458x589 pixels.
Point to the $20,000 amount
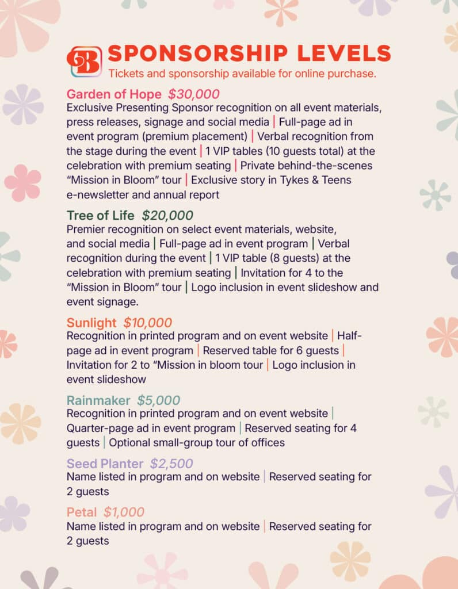[167, 216]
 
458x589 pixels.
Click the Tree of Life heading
[101, 216]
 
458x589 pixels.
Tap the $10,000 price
[147, 323]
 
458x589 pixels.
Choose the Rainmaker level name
[98, 400]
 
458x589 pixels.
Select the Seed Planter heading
[105, 464]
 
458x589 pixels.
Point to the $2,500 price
[171, 464]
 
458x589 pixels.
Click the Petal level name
[82, 512]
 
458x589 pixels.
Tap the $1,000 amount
[124, 512]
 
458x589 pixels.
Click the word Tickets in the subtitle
[124, 73]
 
